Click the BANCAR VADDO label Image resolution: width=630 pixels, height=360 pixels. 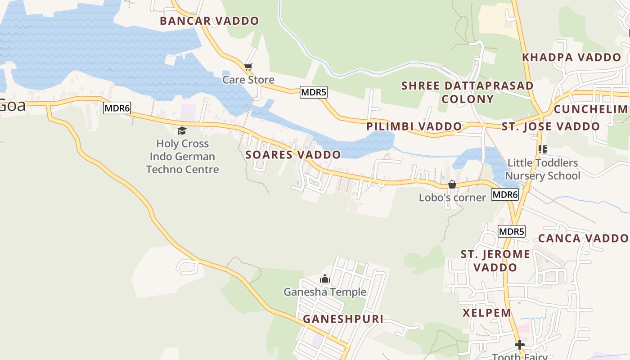tap(209, 21)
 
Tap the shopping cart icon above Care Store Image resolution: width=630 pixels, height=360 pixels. tap(248, 67)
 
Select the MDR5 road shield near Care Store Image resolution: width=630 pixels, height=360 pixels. tap(314, 92)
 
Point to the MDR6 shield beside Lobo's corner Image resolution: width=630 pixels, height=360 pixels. tap(505, 194)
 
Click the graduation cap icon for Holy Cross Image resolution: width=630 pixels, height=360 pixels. tap(182, 131)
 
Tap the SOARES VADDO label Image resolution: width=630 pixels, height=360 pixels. tap(293, 155)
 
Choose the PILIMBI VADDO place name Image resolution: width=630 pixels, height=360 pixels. tap(414, 126)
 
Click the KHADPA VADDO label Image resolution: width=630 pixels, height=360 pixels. tap(571, 57)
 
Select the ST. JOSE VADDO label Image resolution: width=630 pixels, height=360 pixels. tap(551, 126)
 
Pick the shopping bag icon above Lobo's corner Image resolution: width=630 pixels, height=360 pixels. tap(452, 184)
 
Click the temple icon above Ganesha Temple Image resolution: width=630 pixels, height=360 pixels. tap(324, 279)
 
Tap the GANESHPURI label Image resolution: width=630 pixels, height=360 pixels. tap(343, 319)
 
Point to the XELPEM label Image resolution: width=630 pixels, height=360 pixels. tap(487, 312)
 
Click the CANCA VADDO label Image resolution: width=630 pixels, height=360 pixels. tap(583, 238)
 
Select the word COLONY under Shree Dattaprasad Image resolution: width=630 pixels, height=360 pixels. tap(468, 99)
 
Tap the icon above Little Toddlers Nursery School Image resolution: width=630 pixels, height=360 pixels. tap(543, 149)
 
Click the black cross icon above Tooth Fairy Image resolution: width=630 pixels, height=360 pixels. tap(520, 345)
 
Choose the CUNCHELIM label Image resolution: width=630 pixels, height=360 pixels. tap(590, 109)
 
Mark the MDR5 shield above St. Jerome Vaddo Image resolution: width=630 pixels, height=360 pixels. tap(512, 232)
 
